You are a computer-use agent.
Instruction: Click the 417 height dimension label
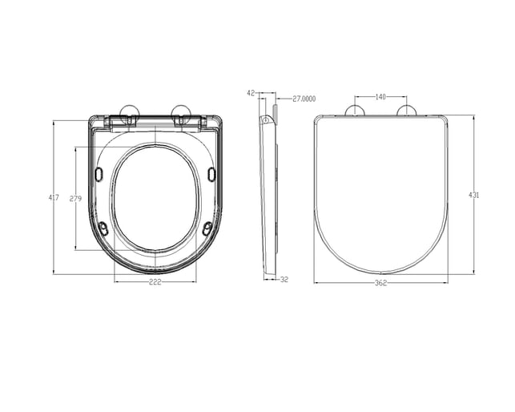point(54,198)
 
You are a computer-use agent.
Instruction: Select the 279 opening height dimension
point(75,199)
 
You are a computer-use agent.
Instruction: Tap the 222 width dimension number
point(155,282)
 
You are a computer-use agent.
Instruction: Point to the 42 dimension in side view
point(251,93)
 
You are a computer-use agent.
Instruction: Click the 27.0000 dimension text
point(304,99)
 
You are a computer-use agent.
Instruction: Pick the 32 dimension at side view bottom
point(284,280)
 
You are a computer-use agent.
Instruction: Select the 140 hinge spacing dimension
point(380,97)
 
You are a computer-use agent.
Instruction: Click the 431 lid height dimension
point(473,195)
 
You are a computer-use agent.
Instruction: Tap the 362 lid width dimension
point(381,283)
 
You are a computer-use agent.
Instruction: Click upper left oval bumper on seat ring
point(99,174)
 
